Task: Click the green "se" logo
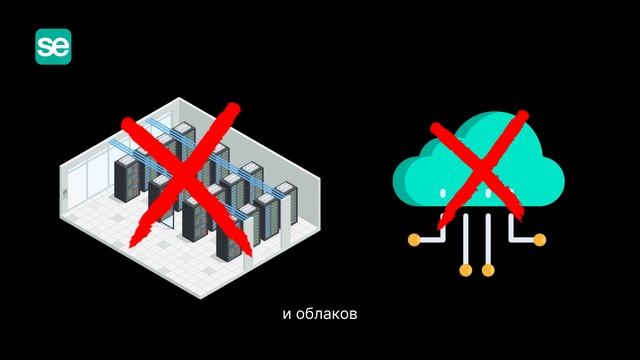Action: pos(57,46)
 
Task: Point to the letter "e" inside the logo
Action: pos(64,47)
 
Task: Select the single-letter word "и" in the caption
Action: pos(287,314)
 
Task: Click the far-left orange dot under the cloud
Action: pos(414,240)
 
